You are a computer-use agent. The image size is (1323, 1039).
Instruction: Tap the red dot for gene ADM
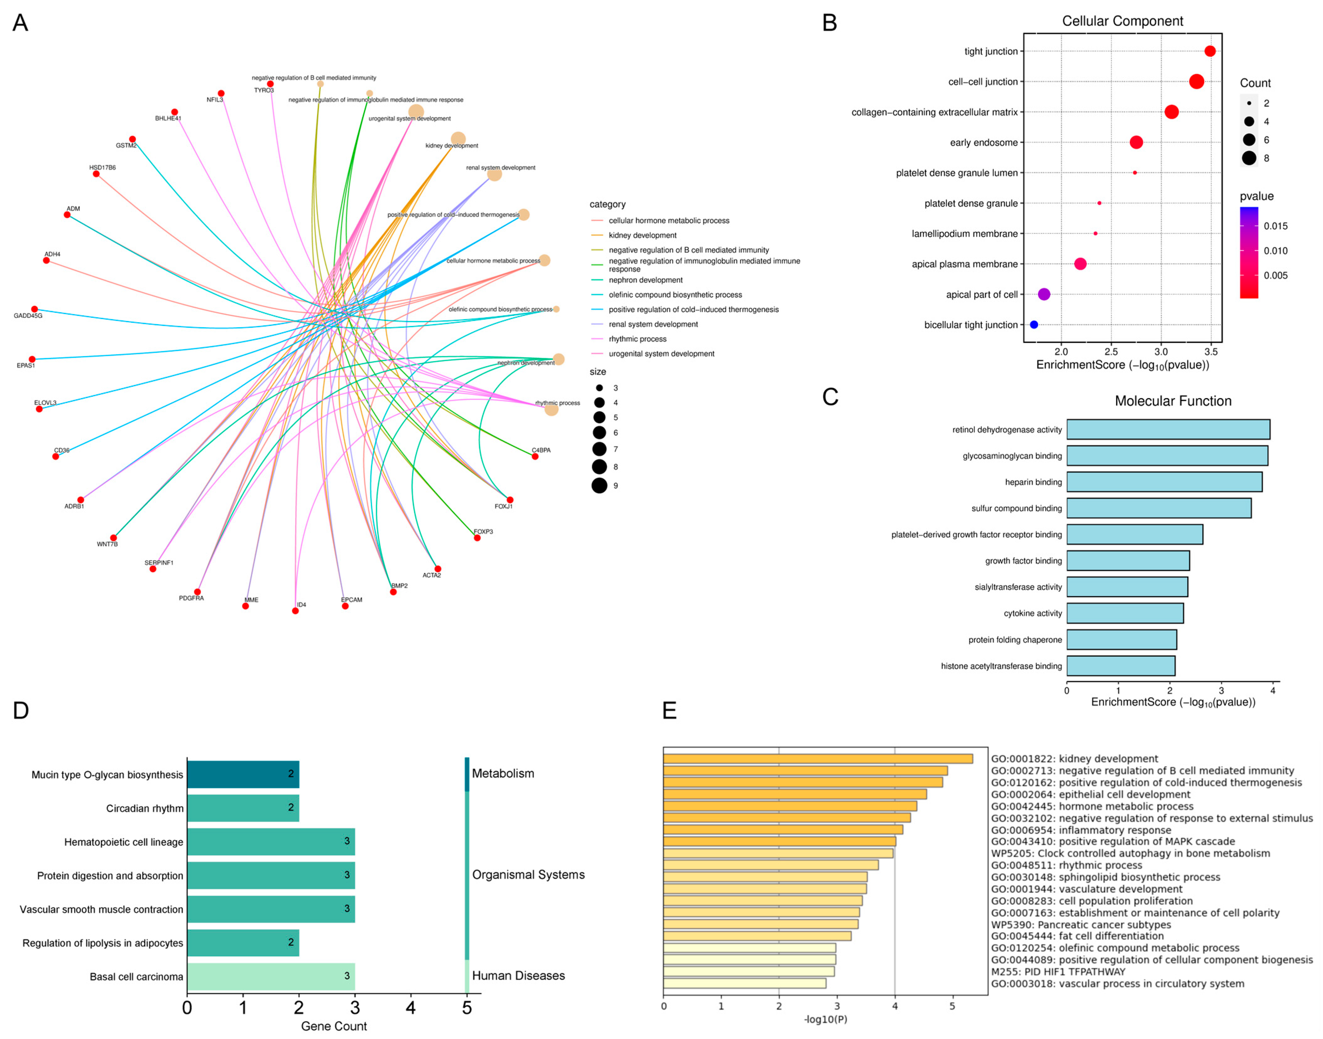[67, 215]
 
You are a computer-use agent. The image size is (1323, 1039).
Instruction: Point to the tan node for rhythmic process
[551, 409]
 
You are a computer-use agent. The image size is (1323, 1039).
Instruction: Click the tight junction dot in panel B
[1210, 51]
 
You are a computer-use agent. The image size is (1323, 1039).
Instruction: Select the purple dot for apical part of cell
[1044, 294]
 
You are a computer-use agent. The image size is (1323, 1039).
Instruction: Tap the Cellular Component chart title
[1122, 21]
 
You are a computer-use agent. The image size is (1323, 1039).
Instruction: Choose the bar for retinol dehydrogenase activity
[1168, 430]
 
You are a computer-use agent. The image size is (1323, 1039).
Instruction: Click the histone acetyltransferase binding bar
[1120, 666]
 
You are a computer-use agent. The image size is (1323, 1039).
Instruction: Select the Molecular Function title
[1173, 401]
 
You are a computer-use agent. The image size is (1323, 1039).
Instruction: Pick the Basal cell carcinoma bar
[271, 976]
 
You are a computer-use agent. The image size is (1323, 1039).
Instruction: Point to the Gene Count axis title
[334, 1026]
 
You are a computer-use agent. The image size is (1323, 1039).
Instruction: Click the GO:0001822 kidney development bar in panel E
[817, 759]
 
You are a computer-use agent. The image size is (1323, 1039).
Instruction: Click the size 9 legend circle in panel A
[599, 485]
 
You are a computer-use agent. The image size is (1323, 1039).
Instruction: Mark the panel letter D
[21, 711]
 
